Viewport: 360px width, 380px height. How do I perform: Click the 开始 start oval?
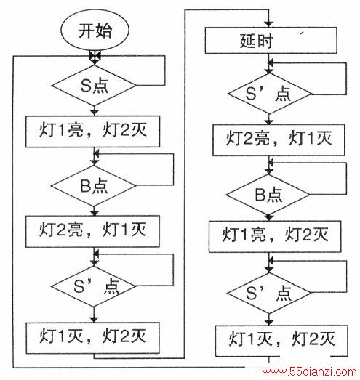click(95, 31)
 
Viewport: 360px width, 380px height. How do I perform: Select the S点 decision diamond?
click(94, 85)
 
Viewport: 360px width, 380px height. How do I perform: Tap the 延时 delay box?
click(271, 40)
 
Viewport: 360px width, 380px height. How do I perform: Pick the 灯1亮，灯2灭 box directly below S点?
click(92, 132)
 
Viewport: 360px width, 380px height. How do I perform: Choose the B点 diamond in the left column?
click(93, 186)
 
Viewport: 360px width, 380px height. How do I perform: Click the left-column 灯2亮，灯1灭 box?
click(92, 231)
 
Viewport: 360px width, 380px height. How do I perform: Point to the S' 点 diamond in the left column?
click(93, 286)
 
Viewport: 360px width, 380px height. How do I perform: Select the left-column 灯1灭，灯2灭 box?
click(92, 338)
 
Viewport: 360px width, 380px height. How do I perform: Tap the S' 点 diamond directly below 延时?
click(269, 94)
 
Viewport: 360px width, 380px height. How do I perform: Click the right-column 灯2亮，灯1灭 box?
click(279, 140)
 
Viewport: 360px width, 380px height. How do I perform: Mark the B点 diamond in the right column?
click(268, 195)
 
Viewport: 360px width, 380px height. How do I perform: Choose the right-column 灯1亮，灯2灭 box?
click(275, 236)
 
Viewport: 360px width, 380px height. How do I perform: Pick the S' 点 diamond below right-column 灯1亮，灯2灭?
click(269, 293)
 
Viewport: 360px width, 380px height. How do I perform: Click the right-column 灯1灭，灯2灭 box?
click(281, 341)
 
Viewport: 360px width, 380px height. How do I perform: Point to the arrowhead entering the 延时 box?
click(268, 24)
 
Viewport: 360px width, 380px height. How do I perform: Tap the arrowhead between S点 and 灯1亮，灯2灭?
click(94, 113)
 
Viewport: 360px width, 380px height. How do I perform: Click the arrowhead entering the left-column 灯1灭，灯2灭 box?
click(94, 320)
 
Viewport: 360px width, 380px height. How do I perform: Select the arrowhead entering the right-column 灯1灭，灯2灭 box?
click(269, 323)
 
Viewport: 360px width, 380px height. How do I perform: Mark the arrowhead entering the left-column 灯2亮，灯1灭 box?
click(94, 213)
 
